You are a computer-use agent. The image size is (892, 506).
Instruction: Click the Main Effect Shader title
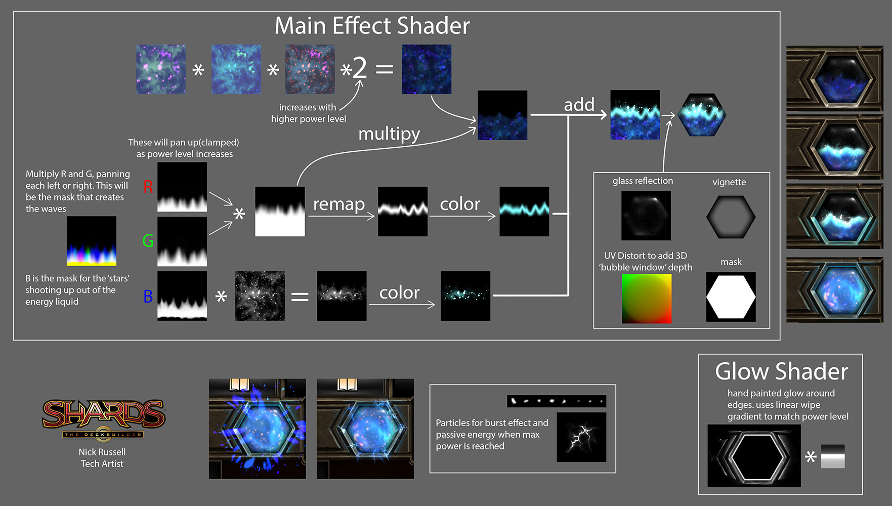click(372, 26)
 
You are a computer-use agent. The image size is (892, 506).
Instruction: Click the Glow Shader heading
click(781, 371)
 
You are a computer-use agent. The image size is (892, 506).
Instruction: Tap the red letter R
click(148, 187)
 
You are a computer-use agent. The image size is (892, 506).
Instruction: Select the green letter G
click(148, 241)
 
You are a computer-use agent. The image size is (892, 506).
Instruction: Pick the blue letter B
click(148, 297)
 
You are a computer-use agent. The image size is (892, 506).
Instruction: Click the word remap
click(338, 204)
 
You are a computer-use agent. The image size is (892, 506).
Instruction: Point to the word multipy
click(389, 134)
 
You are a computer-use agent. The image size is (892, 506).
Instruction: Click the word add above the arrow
click(579, 105)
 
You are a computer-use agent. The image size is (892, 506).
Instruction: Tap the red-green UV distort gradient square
click(646, 299)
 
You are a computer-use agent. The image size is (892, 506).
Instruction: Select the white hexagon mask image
click(731, 297)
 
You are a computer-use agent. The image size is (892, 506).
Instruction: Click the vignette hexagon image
click(731, 217)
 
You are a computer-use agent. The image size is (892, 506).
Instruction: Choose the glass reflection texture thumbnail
click(646, 215)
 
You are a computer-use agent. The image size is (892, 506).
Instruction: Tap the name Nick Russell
click(102, 452)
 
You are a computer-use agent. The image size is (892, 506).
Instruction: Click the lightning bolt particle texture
click(581, 437)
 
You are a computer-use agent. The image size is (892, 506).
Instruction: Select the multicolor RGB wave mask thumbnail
click(92, 241)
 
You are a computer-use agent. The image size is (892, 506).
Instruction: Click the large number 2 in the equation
click(359, 68)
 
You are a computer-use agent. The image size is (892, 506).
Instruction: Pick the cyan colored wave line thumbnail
click(524, 211)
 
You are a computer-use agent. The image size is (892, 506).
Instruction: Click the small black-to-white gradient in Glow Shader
click(832, 456)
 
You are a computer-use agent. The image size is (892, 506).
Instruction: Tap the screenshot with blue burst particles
click(257, 429)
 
